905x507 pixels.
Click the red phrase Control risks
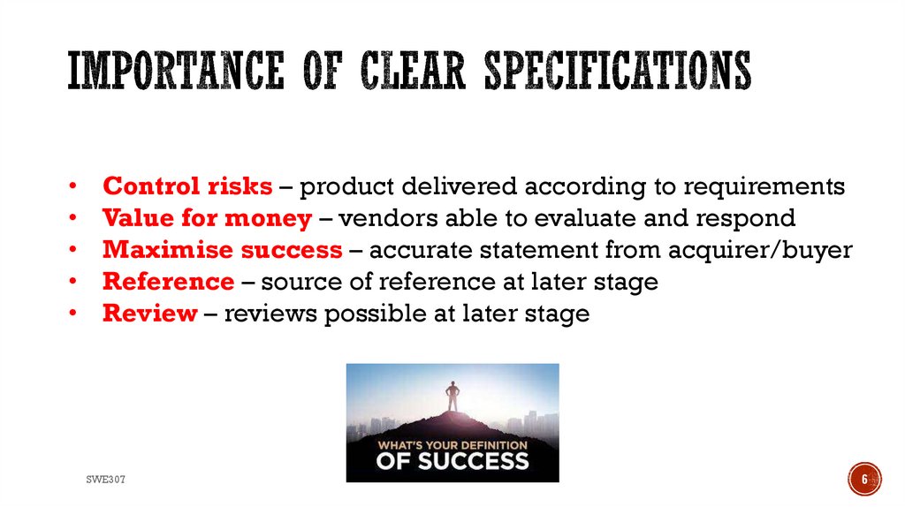(187, 186)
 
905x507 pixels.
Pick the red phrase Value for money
(207, 218)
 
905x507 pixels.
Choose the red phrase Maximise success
(222, 250)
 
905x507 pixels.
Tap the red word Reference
(168, 282)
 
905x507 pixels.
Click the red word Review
(149, 314)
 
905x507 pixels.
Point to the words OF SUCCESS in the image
(452, 460)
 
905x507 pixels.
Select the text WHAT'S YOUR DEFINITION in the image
(452, 444)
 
